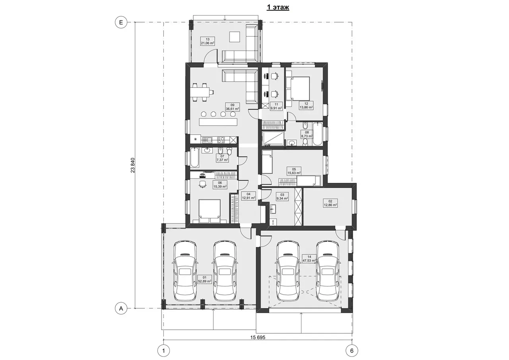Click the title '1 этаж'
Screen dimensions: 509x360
pos(278,7)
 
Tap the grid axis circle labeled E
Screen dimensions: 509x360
pos(121,22)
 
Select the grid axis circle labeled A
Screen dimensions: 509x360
pos(121,308)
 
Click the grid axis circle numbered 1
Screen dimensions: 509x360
pos(163,351)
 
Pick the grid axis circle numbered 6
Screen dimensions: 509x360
pos(352,351)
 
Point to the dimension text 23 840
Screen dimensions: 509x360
pos(133,165)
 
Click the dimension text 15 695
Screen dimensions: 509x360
pos(258,337)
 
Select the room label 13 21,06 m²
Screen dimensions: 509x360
pos(208,41)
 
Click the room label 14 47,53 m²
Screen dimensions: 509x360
pos(309,259)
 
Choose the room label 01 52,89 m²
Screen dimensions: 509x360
pos(204,279)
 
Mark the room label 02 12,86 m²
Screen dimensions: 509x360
pos(330,203)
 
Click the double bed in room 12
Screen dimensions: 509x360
pos(298,88)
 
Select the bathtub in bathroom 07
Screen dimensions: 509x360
pos(195,158)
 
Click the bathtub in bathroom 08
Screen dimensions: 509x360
pos(317,134)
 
